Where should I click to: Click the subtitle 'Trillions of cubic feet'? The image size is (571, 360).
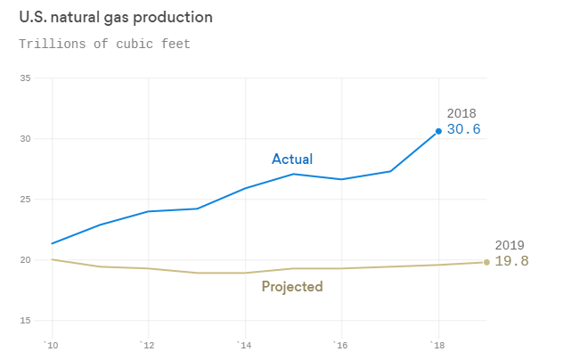click(104, 44)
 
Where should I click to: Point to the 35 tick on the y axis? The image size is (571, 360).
click(25, 78)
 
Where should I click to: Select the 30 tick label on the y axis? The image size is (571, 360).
click(25, 139)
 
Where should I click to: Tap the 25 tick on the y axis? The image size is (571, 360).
click(25, 200)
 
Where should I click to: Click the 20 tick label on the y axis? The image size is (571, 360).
click(25, 260)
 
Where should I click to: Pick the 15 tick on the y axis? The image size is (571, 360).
click(25, 321)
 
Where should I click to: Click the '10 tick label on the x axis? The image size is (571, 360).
click(51, 344)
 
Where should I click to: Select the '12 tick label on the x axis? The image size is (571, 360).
click(147, 344)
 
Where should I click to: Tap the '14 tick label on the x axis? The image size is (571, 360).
click(243, 344)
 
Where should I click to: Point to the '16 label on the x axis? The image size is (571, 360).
click(340, 344)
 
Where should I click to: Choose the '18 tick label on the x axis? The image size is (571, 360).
click(436, 344)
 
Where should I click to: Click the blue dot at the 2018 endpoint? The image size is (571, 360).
click(438, 131)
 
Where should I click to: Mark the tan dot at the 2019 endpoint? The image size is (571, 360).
click(486, 262)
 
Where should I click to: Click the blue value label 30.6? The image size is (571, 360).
click(463, 130)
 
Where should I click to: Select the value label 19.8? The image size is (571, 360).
click(512, 261)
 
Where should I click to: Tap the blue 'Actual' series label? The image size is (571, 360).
click(292, 160)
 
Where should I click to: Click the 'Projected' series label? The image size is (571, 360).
click(292, 287)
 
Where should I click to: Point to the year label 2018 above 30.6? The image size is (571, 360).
click(461, 113)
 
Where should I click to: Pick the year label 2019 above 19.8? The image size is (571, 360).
click(510, 245)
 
